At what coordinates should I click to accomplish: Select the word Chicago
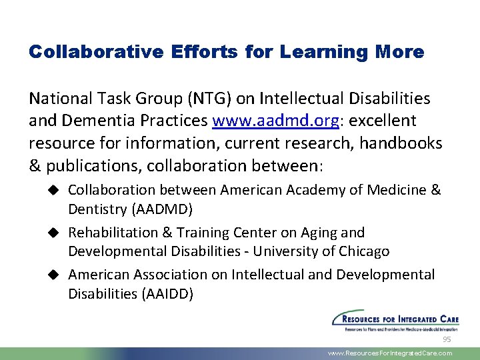point(365,251)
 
